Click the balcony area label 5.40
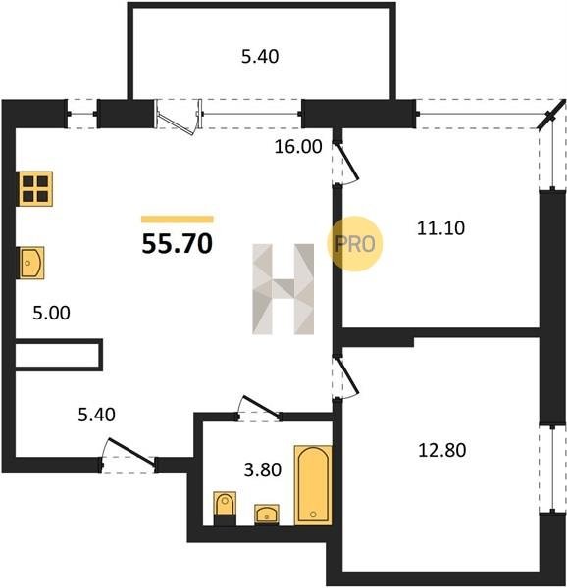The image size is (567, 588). pyautogui.click(x=260, y=57)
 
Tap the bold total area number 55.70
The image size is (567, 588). pyautogui.click(x=178, y=244)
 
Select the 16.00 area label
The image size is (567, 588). pyautogui.click(x=298, y=146)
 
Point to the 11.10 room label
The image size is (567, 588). pyautogui.click(x=440, y=228)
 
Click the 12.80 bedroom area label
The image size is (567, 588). pyautogui.click(x=442, y=450)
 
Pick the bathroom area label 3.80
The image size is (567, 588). pyautogui.click(x=263, y=469)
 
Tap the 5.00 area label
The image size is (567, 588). pyautogui.click(x=51, y=313)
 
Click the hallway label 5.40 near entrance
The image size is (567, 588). pyautogui.click(x=96, y=415)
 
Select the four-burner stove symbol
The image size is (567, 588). pyautogui.click(x=35, y=189)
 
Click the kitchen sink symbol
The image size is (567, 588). pyautogui.click(x=32, y=263)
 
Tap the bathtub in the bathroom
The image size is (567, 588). pyautogui.click(x=313, y=485)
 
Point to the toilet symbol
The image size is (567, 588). pyautogui.click(x=225, y=508)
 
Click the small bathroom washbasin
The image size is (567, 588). pyautogui.click(x=267, y=514)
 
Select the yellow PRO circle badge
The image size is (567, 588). pyautogui.click(x=354, y=244)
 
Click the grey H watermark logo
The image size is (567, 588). pyautogui.click(x=283, y=289)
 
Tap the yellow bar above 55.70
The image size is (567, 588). pyautogui.click(x=178, y=220)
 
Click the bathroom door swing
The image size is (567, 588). pyautogui.click(x=260, y=407)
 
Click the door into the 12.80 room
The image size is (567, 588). pyautogui.click(x=348, y=377)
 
